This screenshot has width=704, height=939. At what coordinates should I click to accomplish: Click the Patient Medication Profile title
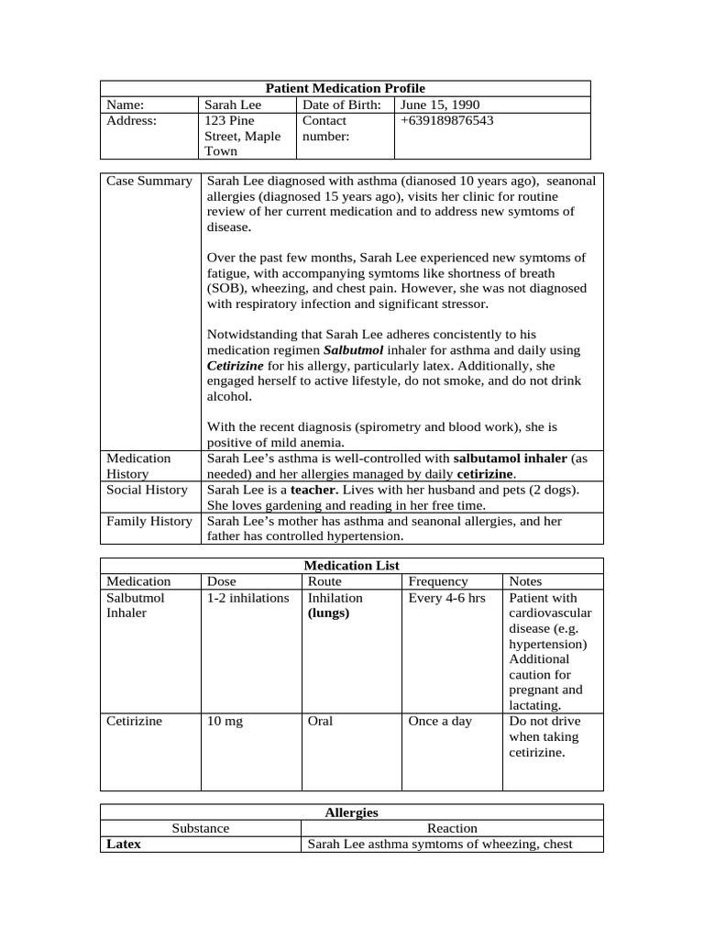(x=345, y=88)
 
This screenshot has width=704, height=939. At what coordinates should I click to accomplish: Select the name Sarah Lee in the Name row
(x=233, y=105)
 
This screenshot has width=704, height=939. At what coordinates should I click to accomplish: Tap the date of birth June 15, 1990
(x=439, y=105)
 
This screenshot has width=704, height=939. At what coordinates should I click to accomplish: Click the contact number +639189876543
(x=446, y=120)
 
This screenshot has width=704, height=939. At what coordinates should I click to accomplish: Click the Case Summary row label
(x=148, y=181)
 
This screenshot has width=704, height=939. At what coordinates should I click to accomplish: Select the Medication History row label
(x=138, y=466)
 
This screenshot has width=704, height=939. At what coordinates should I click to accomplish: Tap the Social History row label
(x=147, y=490)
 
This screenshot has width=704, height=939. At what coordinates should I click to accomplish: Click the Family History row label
(x=148, y=521)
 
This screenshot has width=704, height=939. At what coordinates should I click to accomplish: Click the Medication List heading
(x=351, y=566)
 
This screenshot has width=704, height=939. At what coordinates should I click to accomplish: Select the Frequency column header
(x=437, y=581)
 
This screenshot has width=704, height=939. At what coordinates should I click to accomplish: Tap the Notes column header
(x=525, y=581)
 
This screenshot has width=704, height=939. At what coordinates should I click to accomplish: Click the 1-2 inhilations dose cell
(x=245, y=597)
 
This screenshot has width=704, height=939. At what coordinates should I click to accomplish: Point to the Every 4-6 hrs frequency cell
(x=446, y=597)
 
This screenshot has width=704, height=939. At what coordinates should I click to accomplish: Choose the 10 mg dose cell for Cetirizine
(x=225, y=721)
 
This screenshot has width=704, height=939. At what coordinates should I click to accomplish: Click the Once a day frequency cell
(x=440, y=721)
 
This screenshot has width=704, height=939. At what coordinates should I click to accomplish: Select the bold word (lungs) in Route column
(x=328, y=613)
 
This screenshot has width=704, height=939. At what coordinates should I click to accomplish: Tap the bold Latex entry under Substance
(x=124, y=844)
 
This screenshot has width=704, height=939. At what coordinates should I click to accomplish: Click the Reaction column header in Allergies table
(x=452, y=828)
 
